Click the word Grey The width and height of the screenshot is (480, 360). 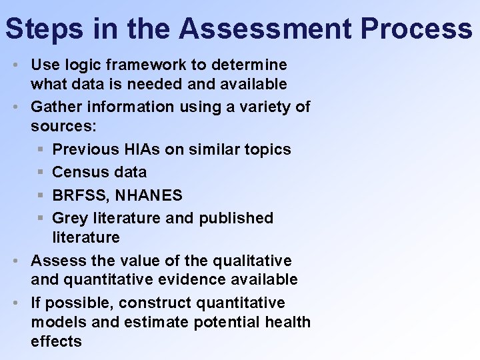pos(69,218)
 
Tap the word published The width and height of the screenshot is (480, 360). pos(236,218)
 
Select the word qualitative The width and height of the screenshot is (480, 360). pos(254,260)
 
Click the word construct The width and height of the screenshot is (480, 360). pos(155,303)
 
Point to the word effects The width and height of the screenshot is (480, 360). pos(56,341)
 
